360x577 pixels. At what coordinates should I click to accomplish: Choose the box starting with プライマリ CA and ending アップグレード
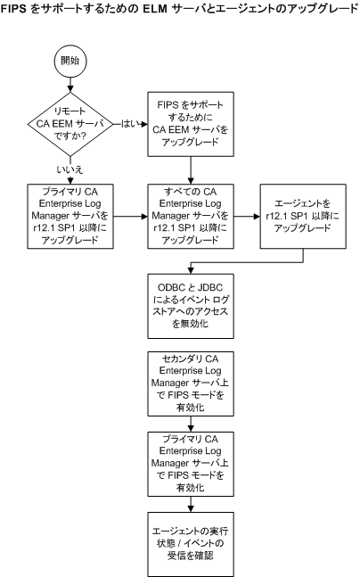point(69,216)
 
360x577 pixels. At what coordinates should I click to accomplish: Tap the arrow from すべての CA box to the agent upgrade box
point(249,216)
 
